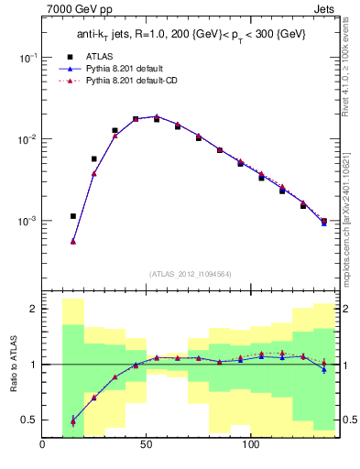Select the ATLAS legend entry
coord(98,55)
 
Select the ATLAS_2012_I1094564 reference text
coord(190,273)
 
